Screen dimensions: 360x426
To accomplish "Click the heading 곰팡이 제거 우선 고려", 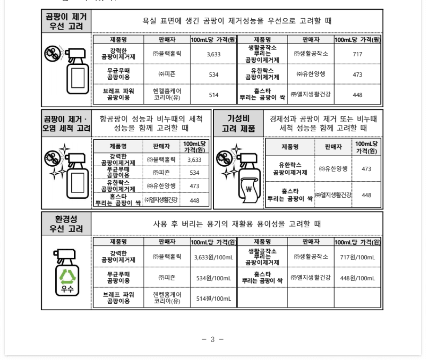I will (66, 21).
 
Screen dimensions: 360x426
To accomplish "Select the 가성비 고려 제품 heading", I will (238, 123).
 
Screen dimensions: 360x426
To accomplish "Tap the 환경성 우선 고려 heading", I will (66, 224).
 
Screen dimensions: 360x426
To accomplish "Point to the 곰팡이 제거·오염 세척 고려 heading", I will (66, 123).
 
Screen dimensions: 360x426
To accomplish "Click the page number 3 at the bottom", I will (212, 339).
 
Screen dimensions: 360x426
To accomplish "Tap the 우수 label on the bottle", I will (67, 289).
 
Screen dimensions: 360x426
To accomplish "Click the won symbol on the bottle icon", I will (249, 189).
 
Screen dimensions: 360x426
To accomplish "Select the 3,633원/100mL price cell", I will (213, 257).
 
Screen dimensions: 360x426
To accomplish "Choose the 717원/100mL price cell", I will (357, 257).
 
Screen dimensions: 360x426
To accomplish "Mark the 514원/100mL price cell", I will (213, 298).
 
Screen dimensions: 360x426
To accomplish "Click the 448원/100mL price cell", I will (357, 278).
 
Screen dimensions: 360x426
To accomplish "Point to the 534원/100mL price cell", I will (213, 278).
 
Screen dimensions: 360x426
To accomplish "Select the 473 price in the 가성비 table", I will (366, 169).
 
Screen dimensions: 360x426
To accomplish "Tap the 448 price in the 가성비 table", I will (366, 195).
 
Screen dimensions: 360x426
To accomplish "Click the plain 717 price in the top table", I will (357, 54).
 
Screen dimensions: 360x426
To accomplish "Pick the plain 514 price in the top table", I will (213, 95).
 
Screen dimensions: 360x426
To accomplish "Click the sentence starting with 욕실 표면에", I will (237, 21).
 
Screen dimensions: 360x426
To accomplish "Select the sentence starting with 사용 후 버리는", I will (237, 224).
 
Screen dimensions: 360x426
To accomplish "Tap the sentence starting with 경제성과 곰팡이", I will (323, 123).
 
